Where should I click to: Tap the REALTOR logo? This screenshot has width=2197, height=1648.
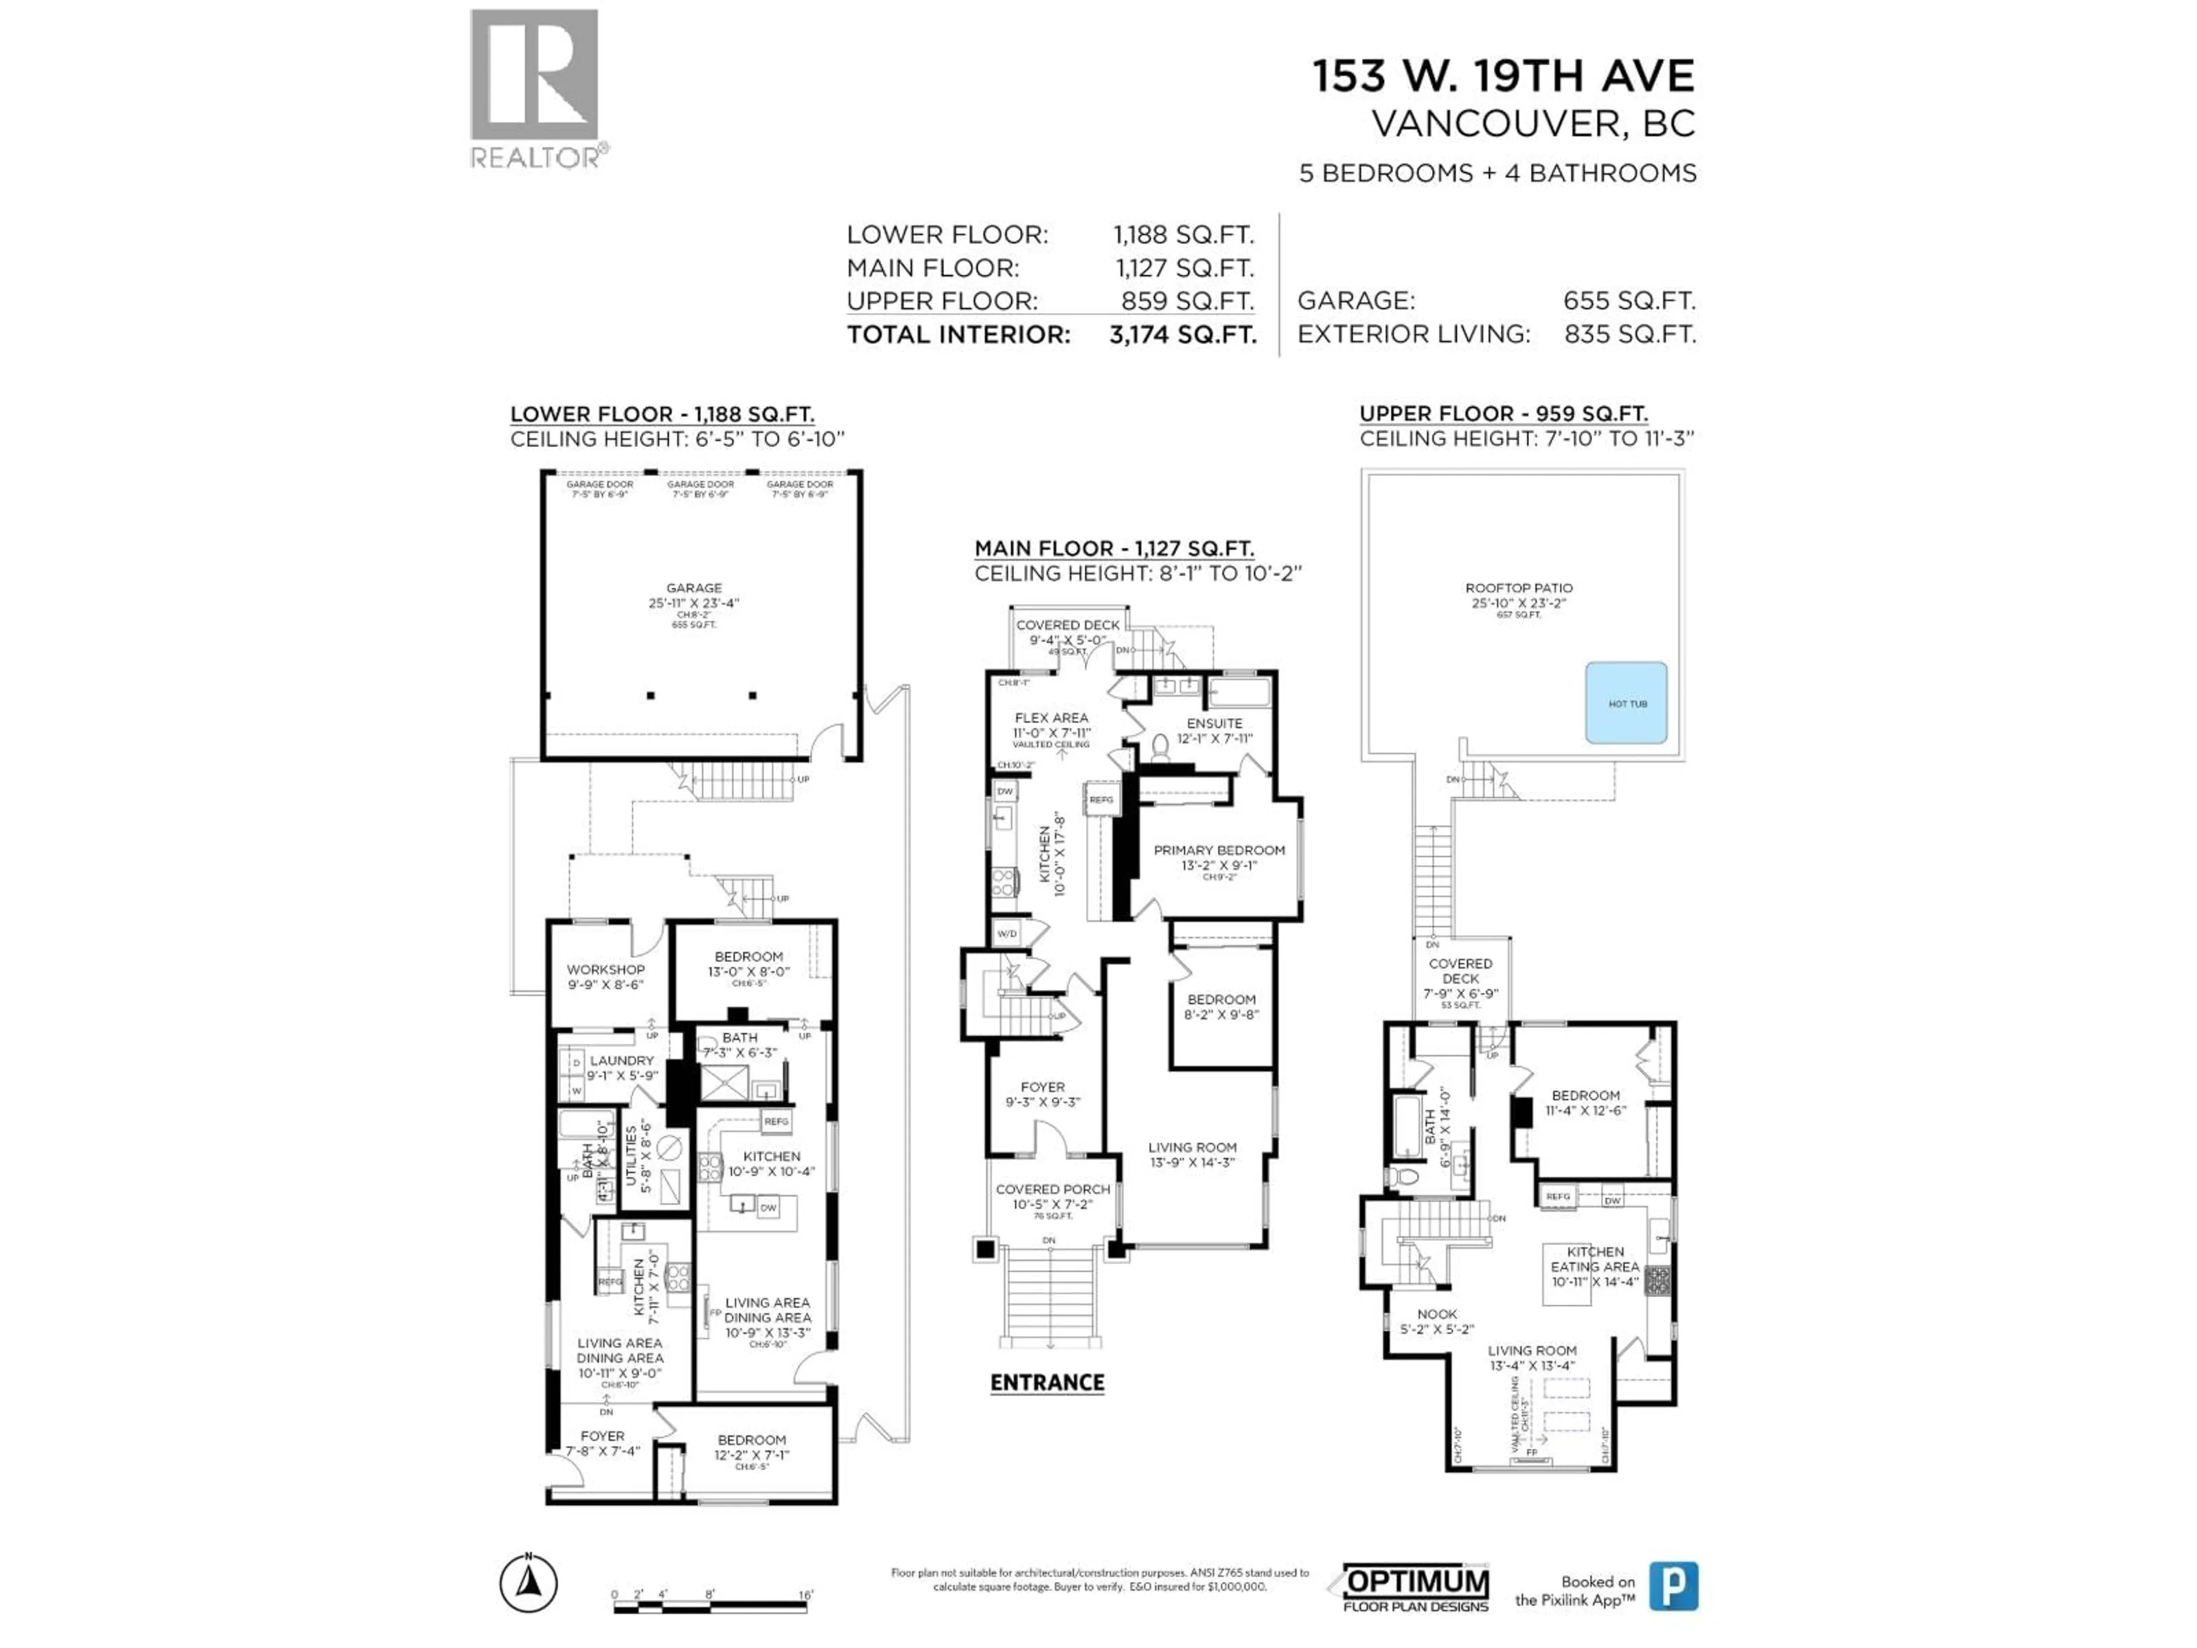tap(534, 89)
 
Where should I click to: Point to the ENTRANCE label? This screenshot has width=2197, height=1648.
tap(1047, 1382)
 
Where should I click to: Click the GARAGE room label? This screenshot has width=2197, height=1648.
tap(693, 588)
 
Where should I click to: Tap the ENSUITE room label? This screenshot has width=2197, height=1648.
tap(1213, 723)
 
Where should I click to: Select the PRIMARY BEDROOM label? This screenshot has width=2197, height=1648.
tap(1219, 850)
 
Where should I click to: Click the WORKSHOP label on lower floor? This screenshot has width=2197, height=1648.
tap(605, 969)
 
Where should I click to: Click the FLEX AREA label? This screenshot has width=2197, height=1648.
tap(1051, 717)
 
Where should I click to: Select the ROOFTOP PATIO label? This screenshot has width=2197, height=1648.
tap(1518, 588)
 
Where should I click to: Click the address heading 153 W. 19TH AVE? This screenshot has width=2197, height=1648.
tap(1503, 77)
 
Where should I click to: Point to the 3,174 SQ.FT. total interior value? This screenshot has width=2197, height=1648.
tap(1182, 335)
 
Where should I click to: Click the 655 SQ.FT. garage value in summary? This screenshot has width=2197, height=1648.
tap(1629, 301)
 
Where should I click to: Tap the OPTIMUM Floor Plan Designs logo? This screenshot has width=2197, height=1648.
tap(1415, 1586)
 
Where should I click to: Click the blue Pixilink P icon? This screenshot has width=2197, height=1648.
tap(1673, 1586)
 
